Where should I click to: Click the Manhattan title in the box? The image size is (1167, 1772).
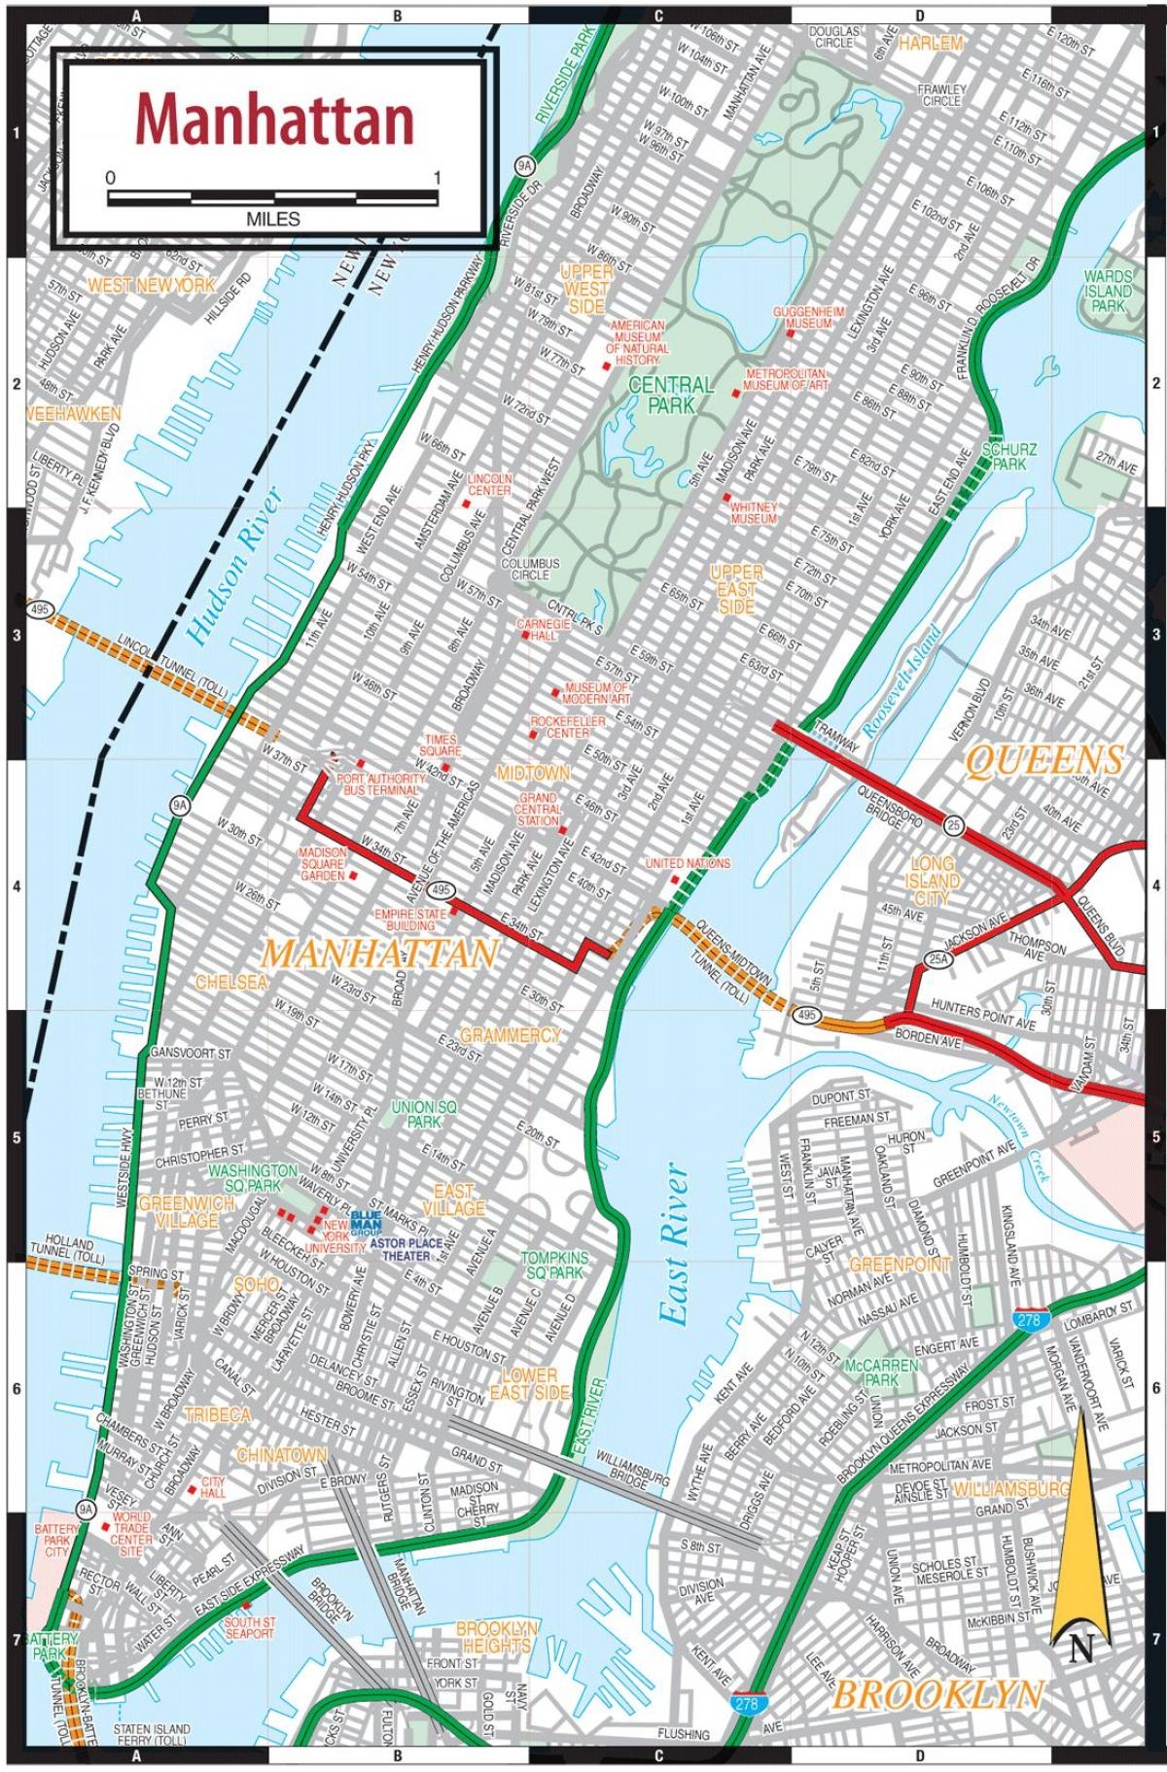point(275,120)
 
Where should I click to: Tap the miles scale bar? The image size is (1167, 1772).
point(272,197)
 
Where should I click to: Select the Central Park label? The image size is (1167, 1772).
point(671,395)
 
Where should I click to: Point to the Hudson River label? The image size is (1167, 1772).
point(234,568)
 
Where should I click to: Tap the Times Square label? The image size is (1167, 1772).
point(441,746)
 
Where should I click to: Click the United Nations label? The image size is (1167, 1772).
point(688,863)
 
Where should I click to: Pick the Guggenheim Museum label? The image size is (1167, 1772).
point(802,317)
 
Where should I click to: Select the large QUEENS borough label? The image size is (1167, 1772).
point(1044,760)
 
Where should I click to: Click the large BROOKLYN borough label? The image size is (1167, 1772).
point(937,1695)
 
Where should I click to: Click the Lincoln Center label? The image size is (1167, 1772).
point(489,484)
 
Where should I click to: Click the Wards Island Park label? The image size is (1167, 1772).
point(1108,291)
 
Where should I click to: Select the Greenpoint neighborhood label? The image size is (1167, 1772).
point(900,1265)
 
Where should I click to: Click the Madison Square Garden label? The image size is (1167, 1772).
point(322,864)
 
